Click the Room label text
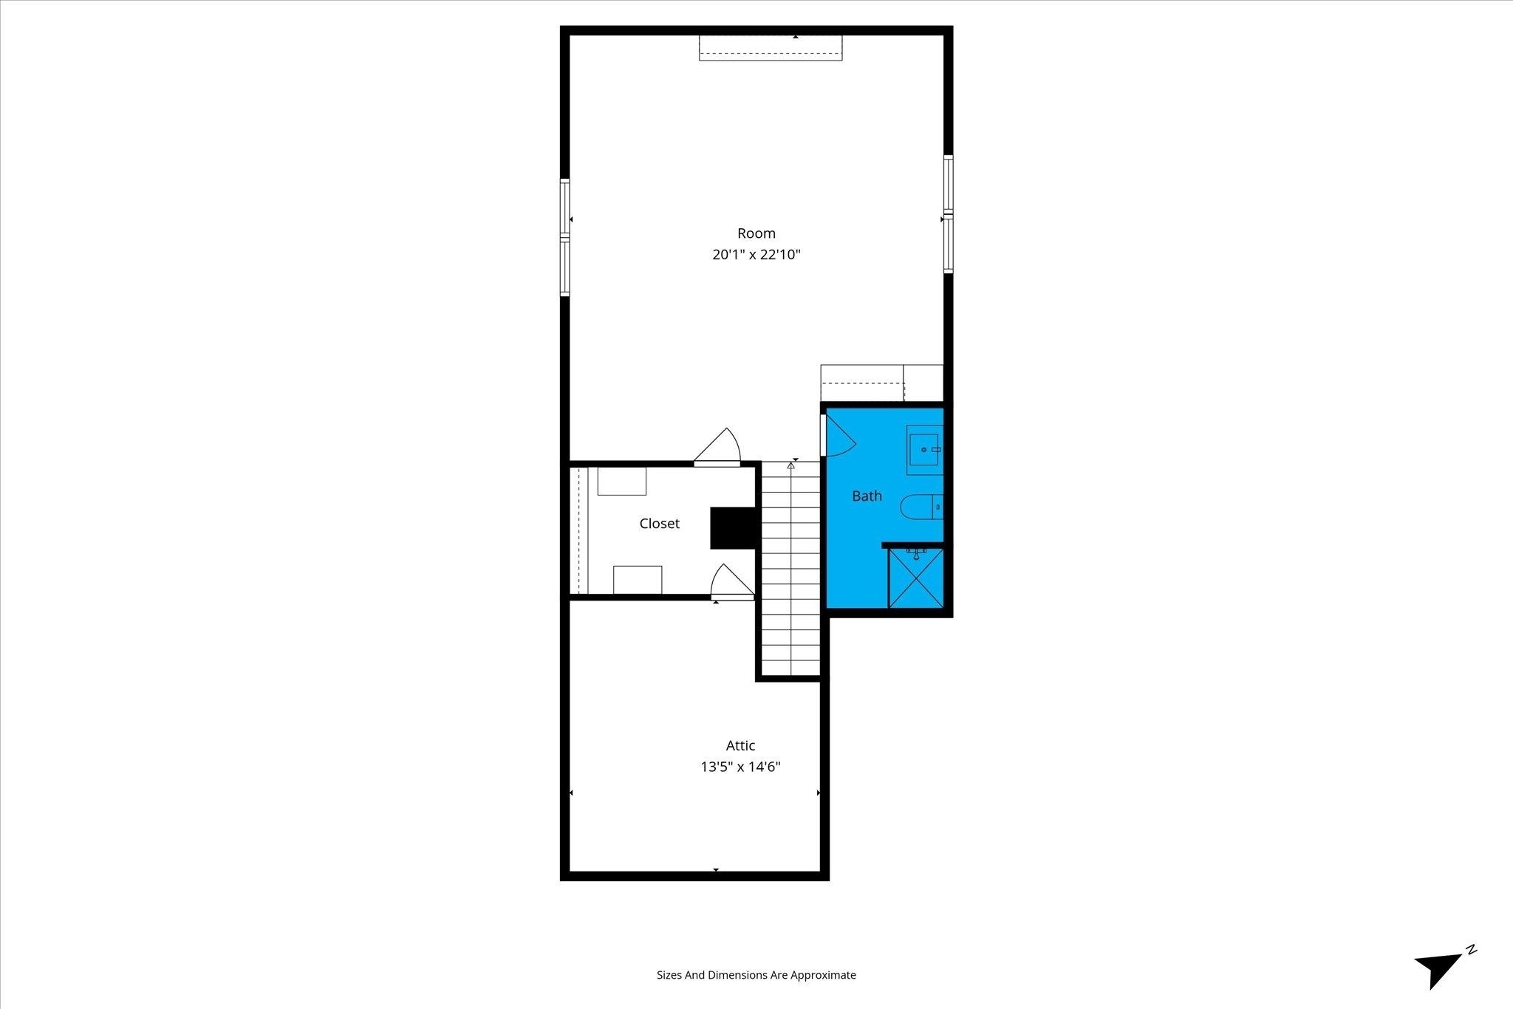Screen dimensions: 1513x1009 pos(756,233)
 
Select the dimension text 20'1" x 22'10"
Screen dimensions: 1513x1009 pos(756,255)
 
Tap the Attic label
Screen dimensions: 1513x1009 pos(740,745)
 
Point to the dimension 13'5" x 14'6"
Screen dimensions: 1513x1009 pos(740,767)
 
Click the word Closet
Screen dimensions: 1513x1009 pos(659,523)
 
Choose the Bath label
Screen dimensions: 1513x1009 pos(867,496)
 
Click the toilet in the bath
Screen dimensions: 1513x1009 pos(921,507)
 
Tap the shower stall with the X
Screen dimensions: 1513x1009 pos(916,578)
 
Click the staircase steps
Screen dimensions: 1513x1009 pos(790,568)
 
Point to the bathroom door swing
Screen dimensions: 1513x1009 pos(839,435)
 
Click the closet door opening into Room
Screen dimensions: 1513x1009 pos(717,447)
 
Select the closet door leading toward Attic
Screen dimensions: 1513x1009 pos(731,581)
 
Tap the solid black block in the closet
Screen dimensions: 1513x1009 pos(732,528)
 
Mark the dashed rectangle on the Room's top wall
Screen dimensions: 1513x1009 pos(771,47)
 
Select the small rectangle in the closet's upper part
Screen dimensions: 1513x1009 pos(622,481)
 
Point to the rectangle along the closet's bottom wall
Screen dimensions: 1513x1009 pos(638,580)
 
